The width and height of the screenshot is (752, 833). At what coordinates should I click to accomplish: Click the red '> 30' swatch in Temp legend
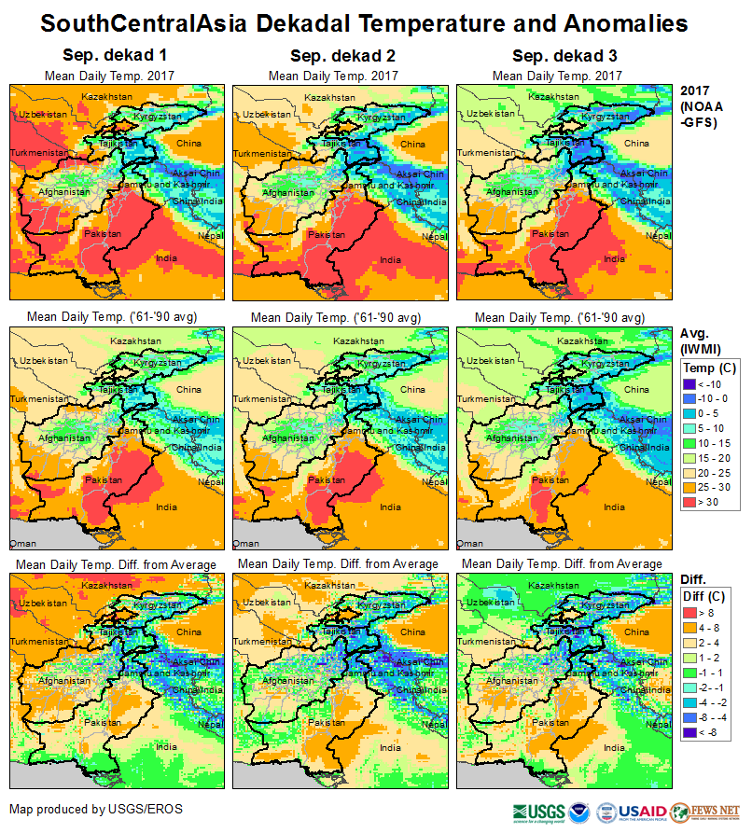pyautogui.click(x=691, y=502)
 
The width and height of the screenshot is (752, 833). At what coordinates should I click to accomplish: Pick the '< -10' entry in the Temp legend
pyautogui.click(x=691, y=382)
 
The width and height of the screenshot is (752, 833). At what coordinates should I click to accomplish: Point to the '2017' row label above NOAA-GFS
pyautogui.click(x=695, y=91)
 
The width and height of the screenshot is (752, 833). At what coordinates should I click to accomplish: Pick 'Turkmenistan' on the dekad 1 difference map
pyautogui.click(x=40, y=642)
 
